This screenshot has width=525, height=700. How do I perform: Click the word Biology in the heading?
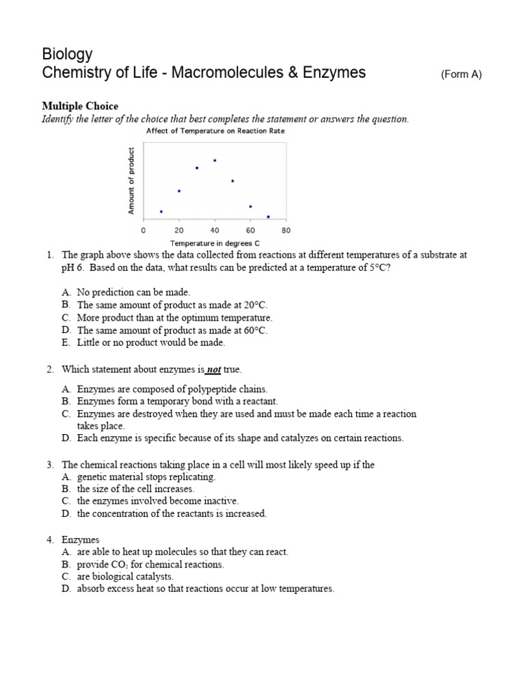click(67, 54)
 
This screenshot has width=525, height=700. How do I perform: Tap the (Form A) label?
click(461, 75)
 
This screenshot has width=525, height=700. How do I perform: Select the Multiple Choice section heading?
click(80, 106)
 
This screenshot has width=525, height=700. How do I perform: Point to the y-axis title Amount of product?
click(131, 180)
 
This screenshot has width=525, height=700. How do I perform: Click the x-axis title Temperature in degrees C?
click(215, 243)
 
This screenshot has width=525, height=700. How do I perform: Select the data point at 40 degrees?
click(215, 161)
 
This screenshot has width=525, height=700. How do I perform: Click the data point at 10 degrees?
click(161, 212)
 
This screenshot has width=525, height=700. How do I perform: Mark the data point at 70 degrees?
click(268, 217)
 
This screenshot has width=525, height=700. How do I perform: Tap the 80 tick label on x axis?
click(286, 230)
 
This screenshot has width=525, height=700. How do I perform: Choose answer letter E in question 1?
click(66, 343)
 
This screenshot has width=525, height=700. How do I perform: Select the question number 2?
click(50, 370)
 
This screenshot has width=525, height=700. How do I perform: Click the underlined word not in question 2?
click(214, 370)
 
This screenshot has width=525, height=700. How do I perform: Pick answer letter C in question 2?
click(66, 414)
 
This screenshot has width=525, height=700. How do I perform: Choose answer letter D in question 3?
click(66, 513)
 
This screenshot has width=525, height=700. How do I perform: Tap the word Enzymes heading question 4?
click(81, 539)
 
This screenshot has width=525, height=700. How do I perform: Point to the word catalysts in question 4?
click(153, 576)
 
